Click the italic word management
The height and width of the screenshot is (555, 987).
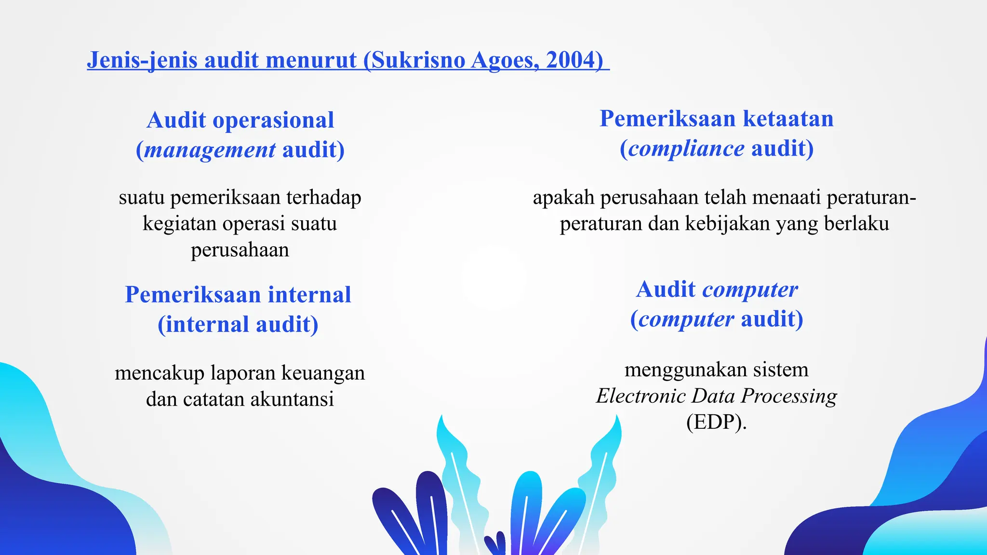point(210,150)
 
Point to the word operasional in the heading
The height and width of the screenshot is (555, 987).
point(273,120)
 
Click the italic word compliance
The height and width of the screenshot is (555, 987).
point(686,148)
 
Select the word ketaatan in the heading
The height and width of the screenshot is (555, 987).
point(788,119)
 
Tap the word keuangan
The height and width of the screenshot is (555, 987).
point(323,373)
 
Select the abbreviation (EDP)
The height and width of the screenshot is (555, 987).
point(716,422)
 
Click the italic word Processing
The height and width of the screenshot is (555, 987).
point(789,396)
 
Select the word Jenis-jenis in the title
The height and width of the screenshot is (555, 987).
point(142,60)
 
